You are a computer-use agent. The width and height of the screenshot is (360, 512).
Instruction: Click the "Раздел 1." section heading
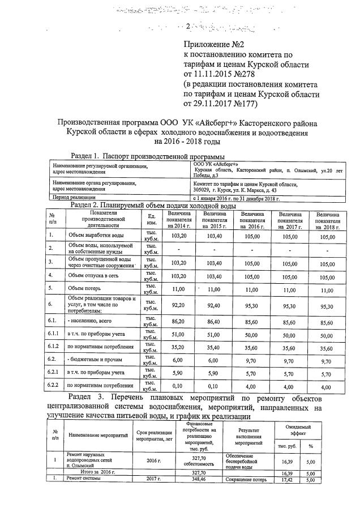(x=85, y=156)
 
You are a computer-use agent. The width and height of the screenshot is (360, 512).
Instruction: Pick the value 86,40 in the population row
(x=214, y=321)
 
